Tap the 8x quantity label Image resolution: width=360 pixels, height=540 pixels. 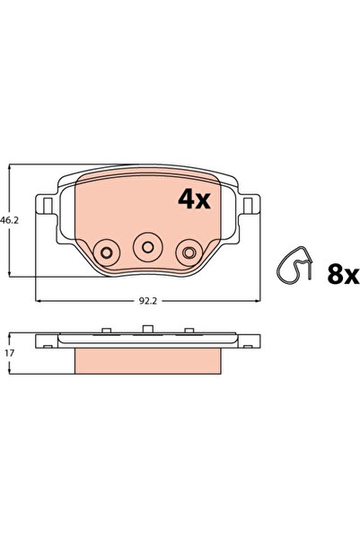[x=342, y=274]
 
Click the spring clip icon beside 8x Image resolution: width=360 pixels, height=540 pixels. [x=294, y=263]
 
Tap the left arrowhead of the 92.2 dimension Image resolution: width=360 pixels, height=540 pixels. [x=36, y=300]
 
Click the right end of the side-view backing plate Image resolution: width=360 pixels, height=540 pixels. [x=257, y=342]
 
